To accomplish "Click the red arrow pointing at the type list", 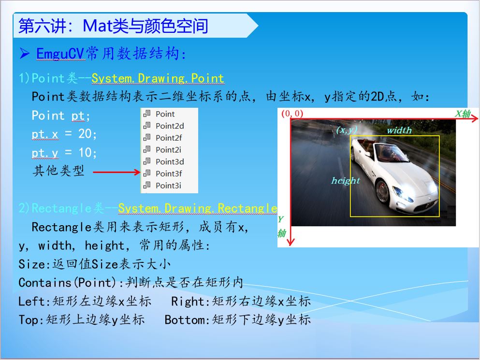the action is (x=116, y=172).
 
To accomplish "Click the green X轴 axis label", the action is (x=462, y=114).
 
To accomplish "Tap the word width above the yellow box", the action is (x=399, y=130).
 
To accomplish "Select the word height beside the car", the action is (x=345, y=181).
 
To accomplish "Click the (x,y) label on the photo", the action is (x=347, y=130).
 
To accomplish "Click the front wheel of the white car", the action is (x=383, y=192).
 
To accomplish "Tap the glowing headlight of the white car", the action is (x=403, y=193).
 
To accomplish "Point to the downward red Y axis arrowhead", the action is (x=291, y=242).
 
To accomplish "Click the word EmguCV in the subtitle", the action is (x=60, y=54).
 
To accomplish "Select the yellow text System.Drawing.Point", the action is (x=158, y=78).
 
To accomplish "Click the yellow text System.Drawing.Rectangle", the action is (x=197, y=208).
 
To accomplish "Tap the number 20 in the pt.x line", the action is (x=85, y=134).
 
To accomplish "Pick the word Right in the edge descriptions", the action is (x=188, y=302).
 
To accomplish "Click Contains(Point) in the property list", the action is (x=67, y=283).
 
